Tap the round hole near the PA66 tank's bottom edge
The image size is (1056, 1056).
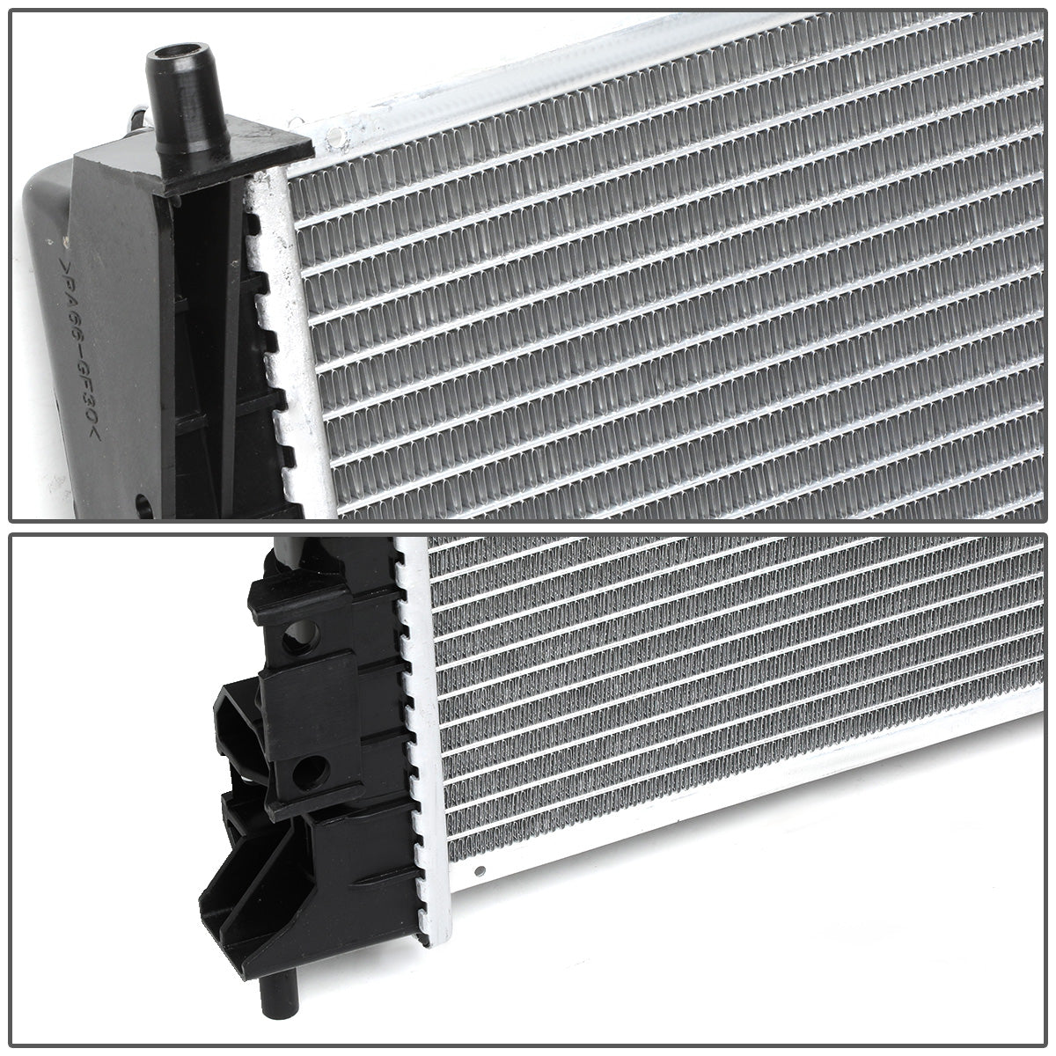[x=144, y=506]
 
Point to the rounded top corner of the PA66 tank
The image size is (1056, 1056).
[x=44, y=176]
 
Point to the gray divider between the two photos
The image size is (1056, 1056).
[x=528, y=526]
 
